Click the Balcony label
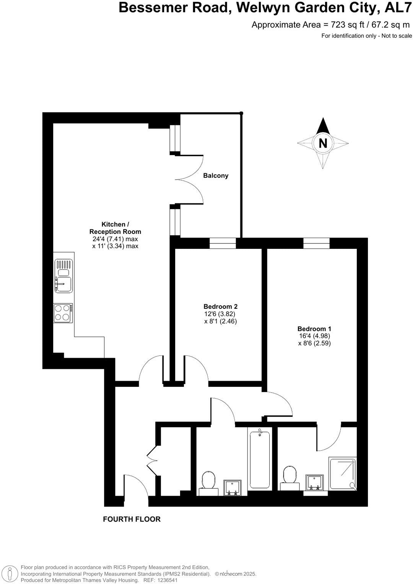tap(216, 176)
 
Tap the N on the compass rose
tap(323, 143)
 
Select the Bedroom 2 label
tap(220, 307)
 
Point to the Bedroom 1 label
tap(314, 329)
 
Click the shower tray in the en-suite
tap(342, 474)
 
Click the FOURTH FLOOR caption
tap(132, 519)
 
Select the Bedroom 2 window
tap(223, 243)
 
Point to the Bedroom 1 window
tap(316, 243)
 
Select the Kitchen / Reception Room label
tap(115, 228)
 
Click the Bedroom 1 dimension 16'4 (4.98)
tap(314, 336)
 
